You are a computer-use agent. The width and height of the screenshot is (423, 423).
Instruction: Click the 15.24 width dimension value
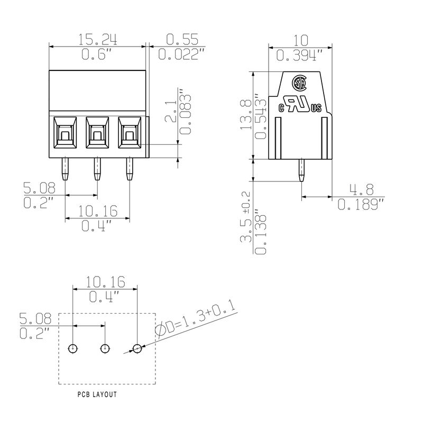click(98, 40)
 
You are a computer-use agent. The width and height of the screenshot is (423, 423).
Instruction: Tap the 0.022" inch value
click(181, 54)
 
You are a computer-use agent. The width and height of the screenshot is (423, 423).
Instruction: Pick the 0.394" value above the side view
click(300, 55)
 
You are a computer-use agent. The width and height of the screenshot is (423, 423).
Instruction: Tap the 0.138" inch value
click(261, 233)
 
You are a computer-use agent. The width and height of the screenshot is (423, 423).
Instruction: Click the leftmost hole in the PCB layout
click(72, 348)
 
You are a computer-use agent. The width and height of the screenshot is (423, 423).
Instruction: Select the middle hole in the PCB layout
click(105, 348)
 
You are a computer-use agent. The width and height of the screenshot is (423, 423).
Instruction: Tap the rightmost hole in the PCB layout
click(137, 348)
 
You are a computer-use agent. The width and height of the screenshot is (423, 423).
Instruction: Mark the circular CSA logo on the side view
click(301, 84)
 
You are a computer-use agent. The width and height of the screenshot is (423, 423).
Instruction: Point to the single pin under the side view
click(300, 171)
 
